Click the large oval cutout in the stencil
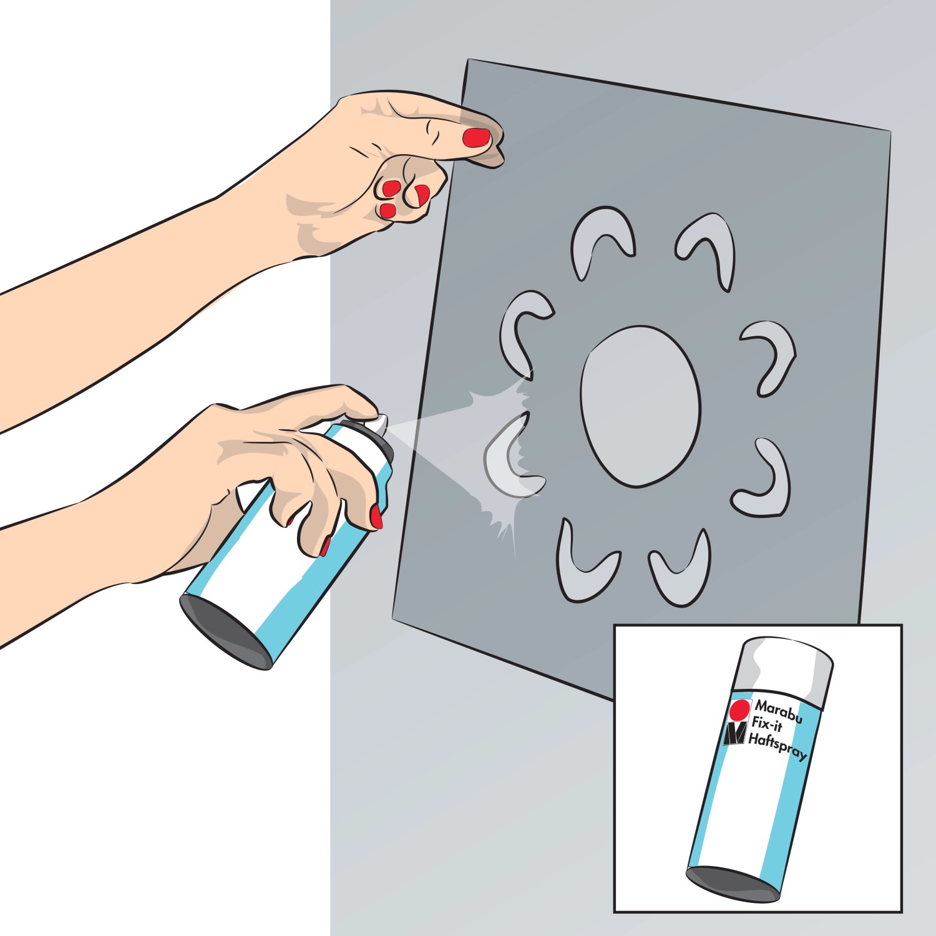pyautogui.click(x=640, y=406)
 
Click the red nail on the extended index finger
pyautogui.click(x=477, y=137)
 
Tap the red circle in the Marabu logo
pyautogui.click(x=740, y=711)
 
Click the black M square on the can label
pyautogui.click(x=735, y=734)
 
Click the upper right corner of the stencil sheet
pyautogui.click(x=890, y=131)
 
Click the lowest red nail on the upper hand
pyautogui.click(x=388, y=210)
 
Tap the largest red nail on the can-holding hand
pyautogui.click(x=376, y=517)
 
